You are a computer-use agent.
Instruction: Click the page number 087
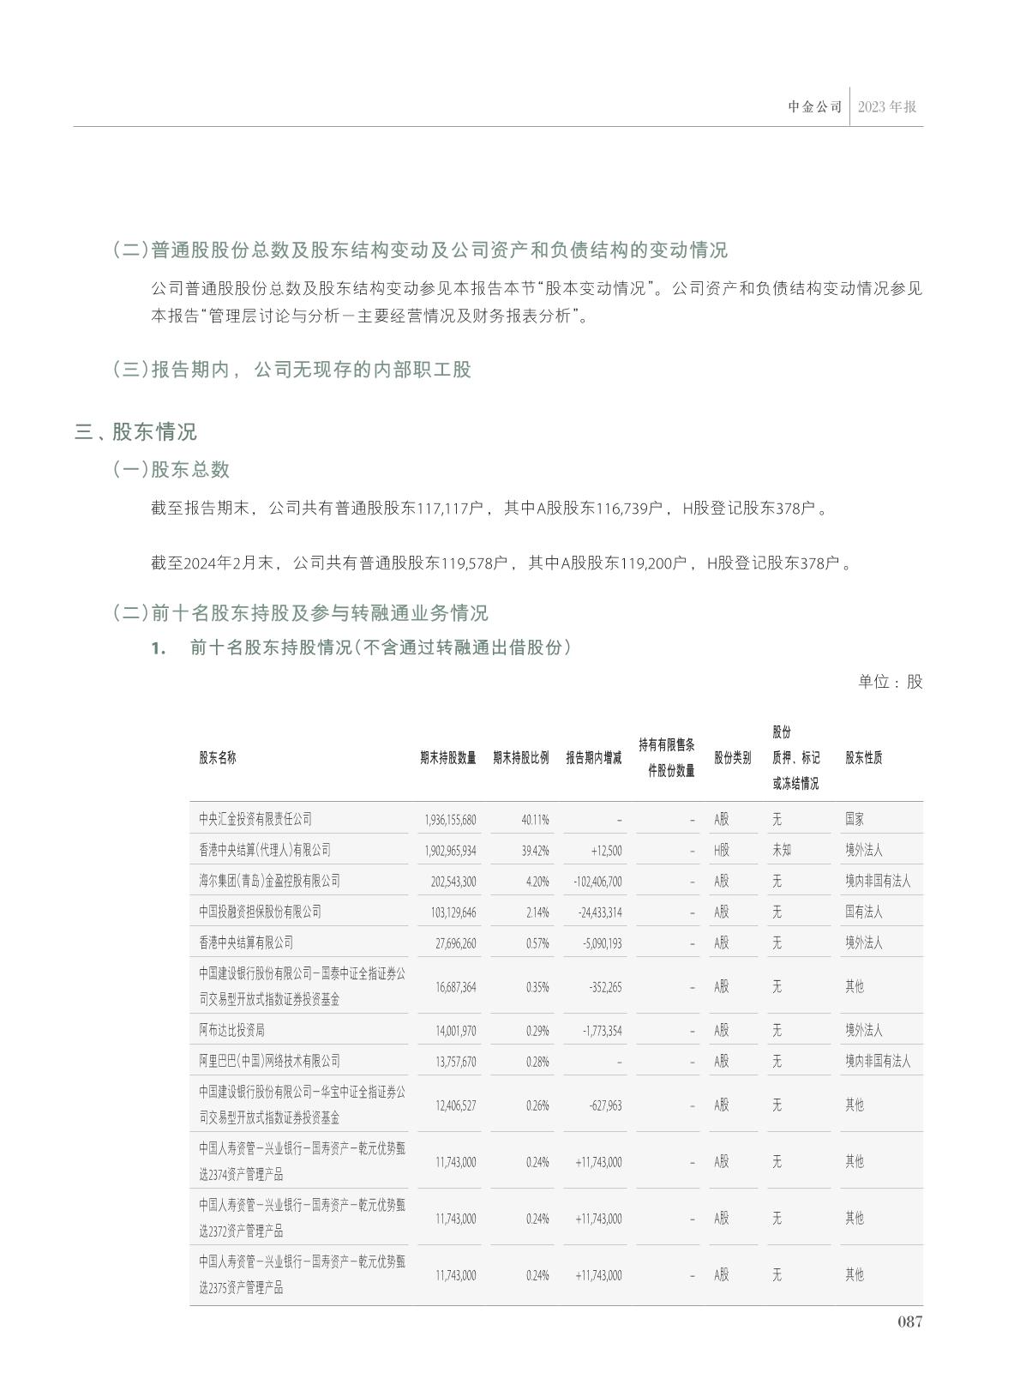[909, 1322]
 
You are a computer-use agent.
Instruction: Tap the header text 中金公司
[815, 107]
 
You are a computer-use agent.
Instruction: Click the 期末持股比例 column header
[520, 758]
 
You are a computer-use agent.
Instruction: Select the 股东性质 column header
[863, 758]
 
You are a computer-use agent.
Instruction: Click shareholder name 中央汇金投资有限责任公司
[255, 819]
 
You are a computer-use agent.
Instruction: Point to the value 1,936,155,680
[450, 820]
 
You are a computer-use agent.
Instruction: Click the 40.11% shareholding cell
[535, 820]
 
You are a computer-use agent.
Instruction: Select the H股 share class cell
[722, 850]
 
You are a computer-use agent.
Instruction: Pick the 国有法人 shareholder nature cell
[863, 912]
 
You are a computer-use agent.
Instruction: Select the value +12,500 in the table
[606, 851]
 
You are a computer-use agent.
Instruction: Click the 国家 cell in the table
[855, 819]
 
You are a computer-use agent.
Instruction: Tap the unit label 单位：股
[890, 682]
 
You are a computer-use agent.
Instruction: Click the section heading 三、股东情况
[135, 431]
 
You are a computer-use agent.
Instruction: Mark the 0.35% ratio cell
[537, 987]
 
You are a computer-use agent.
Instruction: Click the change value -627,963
[605, 1105]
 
